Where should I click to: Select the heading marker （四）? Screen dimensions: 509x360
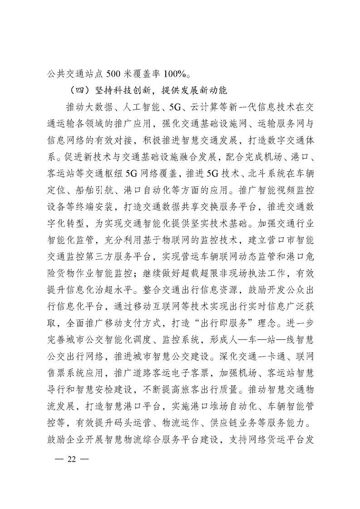(77, 89)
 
